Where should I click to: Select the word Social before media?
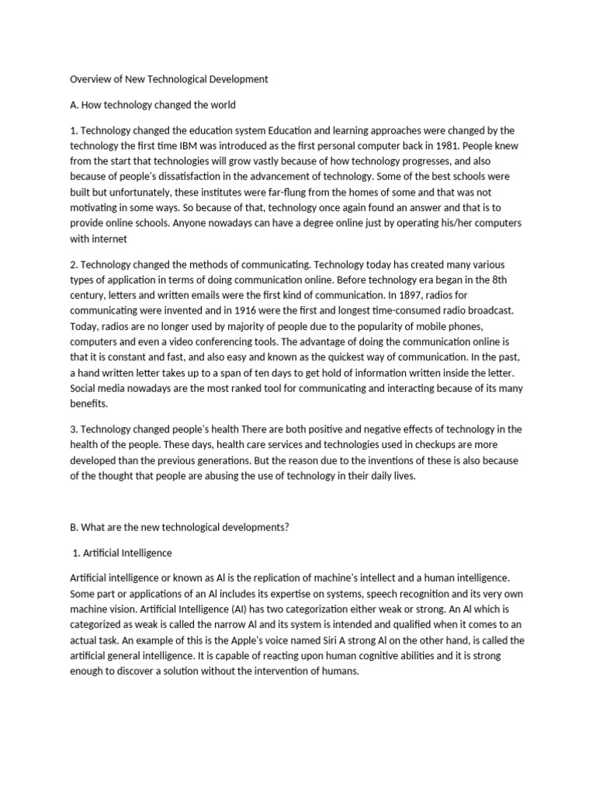pos(85,388)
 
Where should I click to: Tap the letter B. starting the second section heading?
pos(75,526)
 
